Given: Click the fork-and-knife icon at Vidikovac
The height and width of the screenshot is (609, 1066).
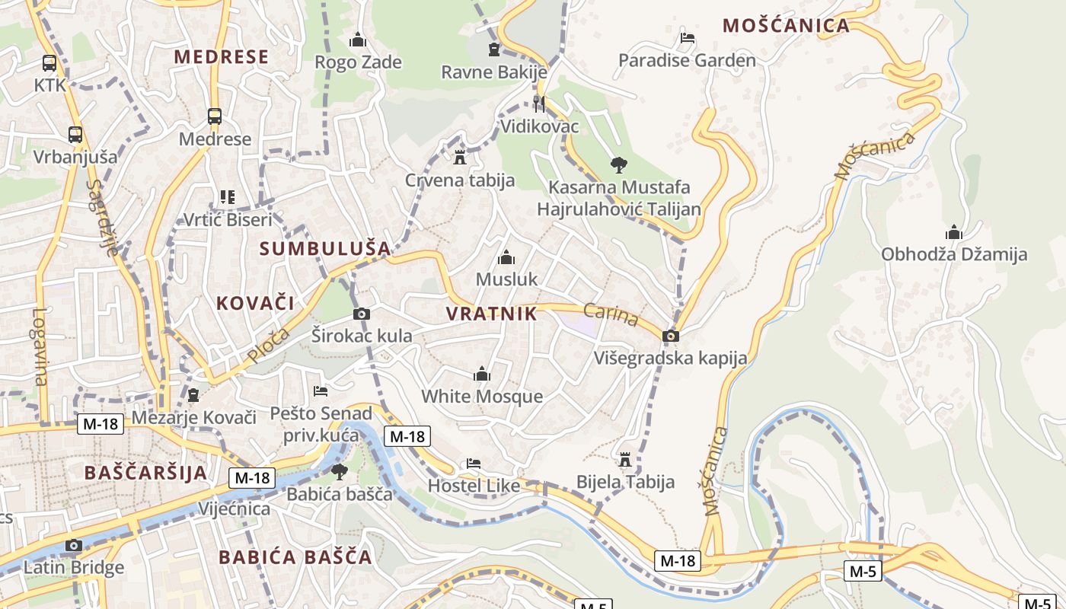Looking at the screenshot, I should pyautogui.click(x=539, y=104).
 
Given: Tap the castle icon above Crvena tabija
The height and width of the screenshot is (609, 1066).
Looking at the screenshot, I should pyautogui.click(x=459, y=158).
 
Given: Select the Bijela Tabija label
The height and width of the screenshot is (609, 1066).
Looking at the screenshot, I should pyautogui.click(x=625, y=482).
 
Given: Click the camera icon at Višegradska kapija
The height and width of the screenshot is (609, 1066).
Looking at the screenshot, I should pyautogui.click(x=670, y=336).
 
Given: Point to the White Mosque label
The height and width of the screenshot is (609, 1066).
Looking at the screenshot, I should pyautogui.click(x=482, y=397).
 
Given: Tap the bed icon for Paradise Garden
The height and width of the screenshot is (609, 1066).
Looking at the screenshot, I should pyautogui.click(x=687, y=37).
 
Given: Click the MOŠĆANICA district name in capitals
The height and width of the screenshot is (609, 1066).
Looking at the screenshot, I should pyautogui.click(x=786, y=25).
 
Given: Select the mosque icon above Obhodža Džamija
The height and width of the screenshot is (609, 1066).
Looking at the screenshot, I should pyautogui.click(x=953, y=232).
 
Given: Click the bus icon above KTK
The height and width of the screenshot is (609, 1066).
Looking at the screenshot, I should pyautogui.click(x=49, y=63).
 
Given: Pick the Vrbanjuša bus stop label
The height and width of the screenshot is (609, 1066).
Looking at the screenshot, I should pyautogui.click(x=75, y=157).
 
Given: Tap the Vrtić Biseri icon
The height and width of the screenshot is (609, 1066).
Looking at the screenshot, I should pyautogui.click(x=227, y=197).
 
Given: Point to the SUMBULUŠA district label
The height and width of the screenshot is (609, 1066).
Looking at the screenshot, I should pyautogui.click(x=325, y=248).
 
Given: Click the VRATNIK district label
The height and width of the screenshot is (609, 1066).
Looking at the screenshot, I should pyautogui.click(x=491, y=314).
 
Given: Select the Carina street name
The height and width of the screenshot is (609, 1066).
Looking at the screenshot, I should pyautogui.click(x=611, y=314).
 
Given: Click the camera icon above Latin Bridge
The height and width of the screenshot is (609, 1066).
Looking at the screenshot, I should pyautogui.click(x=73, y=545).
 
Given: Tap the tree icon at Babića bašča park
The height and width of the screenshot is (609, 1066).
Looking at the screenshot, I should pyautogui.click(x=339, y=472).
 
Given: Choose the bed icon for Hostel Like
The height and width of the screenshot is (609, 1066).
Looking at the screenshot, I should pyautogui.click(x=474, y=464).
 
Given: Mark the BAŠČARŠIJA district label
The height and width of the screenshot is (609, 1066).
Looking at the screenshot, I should pyautogui.click(x=145, y=472).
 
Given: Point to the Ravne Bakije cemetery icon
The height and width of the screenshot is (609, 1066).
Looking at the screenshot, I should pyautogui.click(x=494, y=50).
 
